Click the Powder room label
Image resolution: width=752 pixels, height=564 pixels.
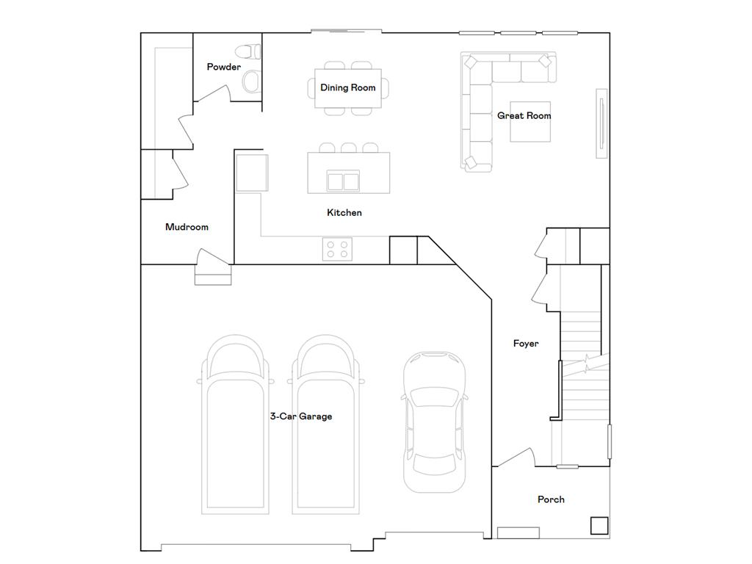[223, 67]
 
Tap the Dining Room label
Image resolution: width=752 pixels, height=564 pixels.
[347, 88]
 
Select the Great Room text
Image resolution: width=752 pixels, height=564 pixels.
[524, 115]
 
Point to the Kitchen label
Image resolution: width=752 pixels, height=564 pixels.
[344, 212]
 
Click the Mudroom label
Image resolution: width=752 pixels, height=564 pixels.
[187, 227]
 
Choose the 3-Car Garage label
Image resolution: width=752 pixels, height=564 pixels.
[300, 416]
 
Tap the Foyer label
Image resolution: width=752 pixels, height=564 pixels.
[526, 344]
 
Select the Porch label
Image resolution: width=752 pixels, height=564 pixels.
[551, 499]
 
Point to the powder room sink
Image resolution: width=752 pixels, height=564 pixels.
[251, 82]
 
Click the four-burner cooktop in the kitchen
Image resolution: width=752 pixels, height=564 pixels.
[337, 250]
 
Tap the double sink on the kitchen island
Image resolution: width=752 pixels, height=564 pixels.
[343, 181]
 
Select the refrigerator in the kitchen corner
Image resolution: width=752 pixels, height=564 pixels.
[252, 173]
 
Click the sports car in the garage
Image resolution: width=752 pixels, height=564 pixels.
[434, 422]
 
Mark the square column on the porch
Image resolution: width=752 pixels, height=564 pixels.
[599, 526]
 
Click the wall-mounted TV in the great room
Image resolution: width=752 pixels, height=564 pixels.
[601, 123]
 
